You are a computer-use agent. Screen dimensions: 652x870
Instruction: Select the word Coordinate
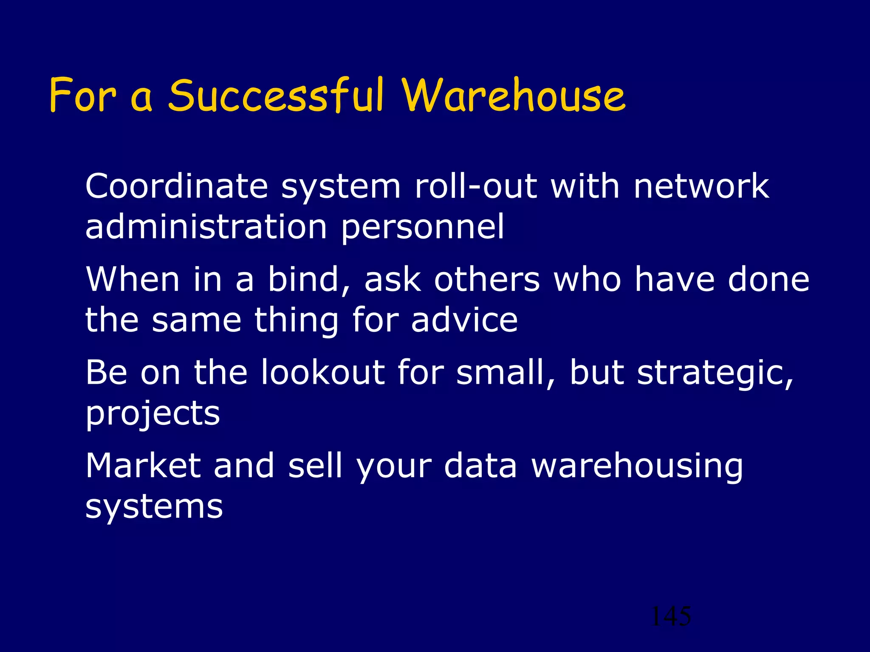pyautogui.click(x=176, y=187)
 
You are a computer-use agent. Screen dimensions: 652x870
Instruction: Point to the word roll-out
pyautogui.click(x=476, y=187)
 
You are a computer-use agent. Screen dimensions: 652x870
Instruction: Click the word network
pyautogui.click(x=701, y=187)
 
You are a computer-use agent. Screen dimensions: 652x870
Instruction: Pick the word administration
pyautogui.click(x=206, y=227)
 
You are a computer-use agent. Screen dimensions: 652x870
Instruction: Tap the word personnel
pyautogui.click(x=423, y=227)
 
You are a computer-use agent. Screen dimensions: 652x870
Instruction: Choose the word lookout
pyautogui.click(x=323, y=372)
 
